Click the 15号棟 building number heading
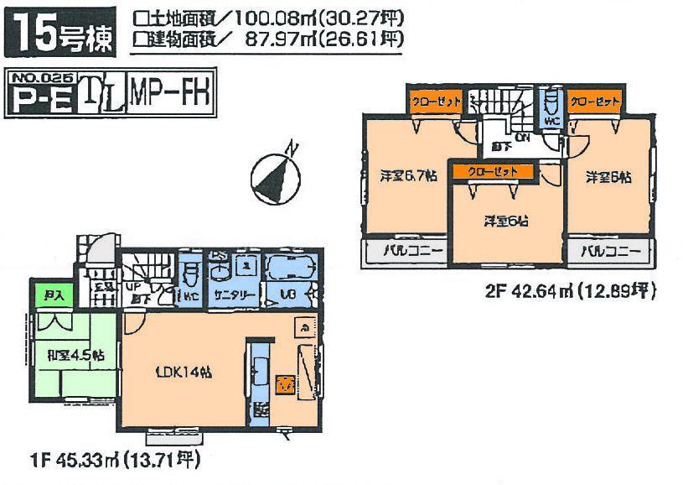(60, 32)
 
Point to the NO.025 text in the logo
(42, 78)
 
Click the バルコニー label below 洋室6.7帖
(405, 252)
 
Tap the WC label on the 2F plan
(550, 120)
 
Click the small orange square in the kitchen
(286, 383)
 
